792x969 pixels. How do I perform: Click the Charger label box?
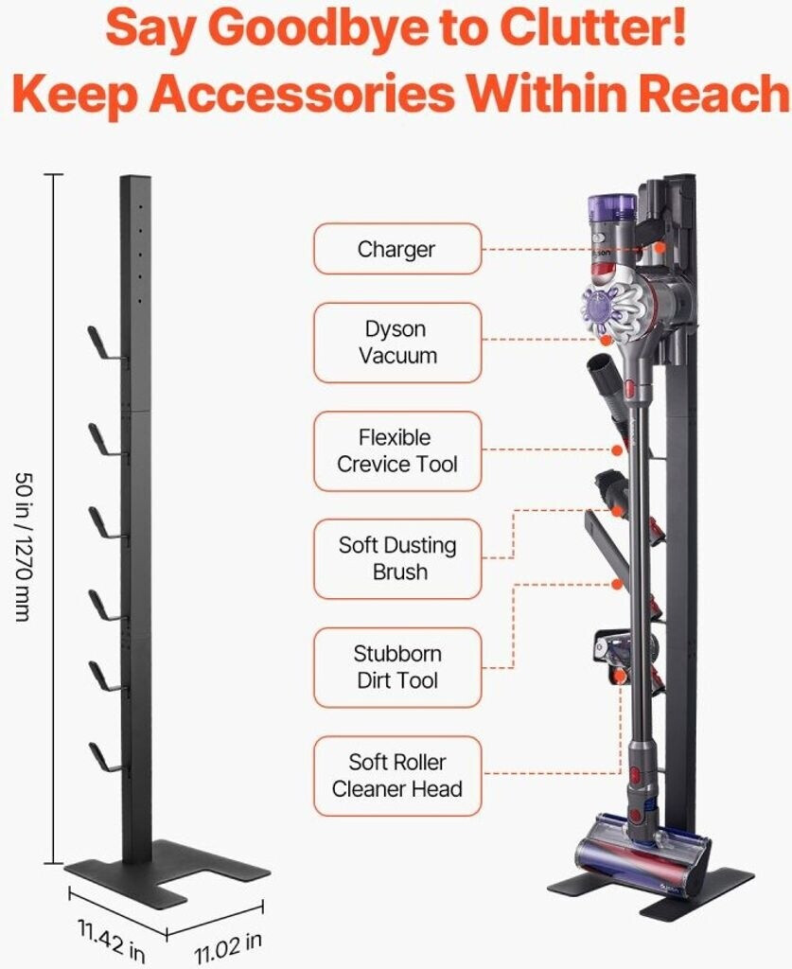[x=397, y=250]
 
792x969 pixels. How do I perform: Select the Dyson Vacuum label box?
[x=397, y=343]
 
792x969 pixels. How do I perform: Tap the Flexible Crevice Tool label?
[x=397, y=451]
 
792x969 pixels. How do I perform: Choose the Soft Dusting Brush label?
[x=397, y=558]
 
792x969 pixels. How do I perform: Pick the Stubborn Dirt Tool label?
[x=397, y=667]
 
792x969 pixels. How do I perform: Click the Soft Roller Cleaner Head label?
[x=397, y=775]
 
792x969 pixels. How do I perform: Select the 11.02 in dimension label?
[x=228, y=946]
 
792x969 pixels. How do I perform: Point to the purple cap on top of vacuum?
[x=611, y=205]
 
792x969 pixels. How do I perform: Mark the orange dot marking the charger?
[x=659, y=249]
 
